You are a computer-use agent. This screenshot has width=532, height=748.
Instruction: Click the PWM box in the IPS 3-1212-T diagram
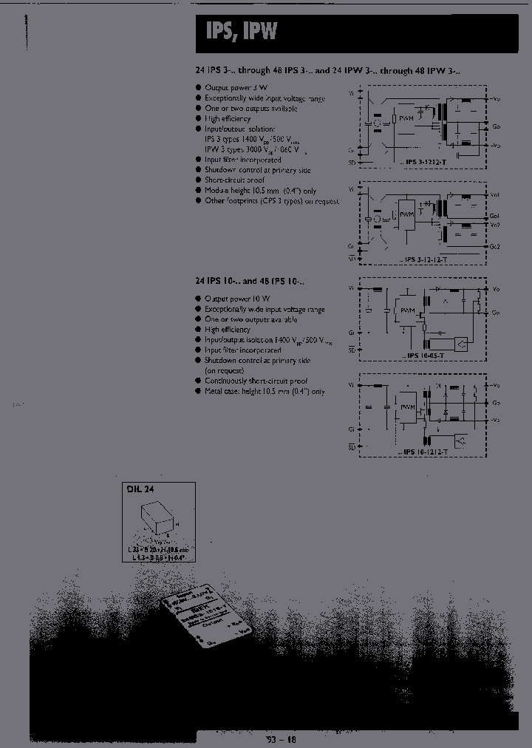pyautogui.click(x=406, y=117)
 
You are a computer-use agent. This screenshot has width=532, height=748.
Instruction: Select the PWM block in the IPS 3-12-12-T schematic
pyautogui.click(x=407, y=215)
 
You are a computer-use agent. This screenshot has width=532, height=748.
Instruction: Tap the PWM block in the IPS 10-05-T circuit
pyautogui.click(x=406, y=310)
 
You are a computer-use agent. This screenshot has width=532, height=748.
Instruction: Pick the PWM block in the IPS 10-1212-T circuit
pyautogui.click(x=406, y=407)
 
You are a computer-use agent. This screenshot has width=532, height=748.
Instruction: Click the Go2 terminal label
pyautogui.click(x=495, y=245)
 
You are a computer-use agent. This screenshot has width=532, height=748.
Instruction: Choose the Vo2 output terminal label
pyautogui.click(x=495, y=224)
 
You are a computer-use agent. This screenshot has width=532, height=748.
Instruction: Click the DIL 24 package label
pyautogui.click(x=138, y=489)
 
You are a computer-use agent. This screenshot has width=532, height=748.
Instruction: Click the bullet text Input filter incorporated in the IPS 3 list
pyautogui.click(x=242, y=159)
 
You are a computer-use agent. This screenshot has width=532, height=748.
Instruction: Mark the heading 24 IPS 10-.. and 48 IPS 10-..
pyautogui.click(x=249, y=282)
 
